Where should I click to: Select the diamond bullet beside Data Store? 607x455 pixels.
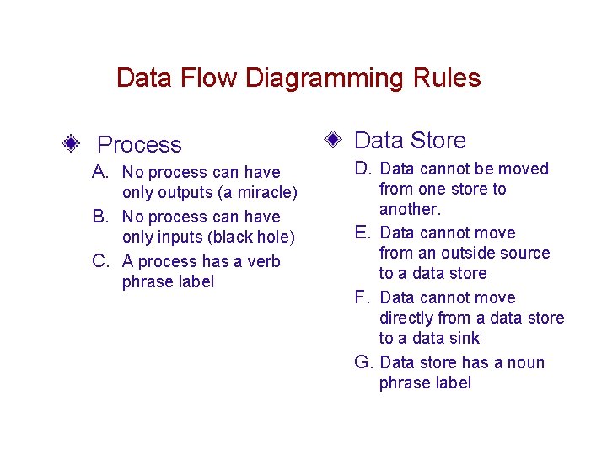333,138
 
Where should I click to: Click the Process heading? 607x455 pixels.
139,145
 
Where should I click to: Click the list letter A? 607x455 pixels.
99,172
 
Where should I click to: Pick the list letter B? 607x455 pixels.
99,217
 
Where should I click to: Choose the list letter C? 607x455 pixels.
99,261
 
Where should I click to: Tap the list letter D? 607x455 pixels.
363,169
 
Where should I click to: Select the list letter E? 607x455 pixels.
363,233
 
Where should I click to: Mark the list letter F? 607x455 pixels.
363,297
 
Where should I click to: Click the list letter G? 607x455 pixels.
363,362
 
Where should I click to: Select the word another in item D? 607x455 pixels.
409,209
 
